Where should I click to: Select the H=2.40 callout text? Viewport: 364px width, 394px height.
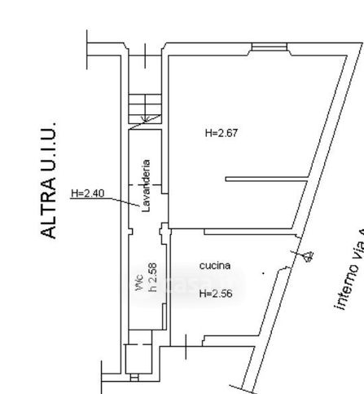pyautogui.click(x=87, y=193)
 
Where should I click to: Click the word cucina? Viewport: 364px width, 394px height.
pyautogui.click(x=215, y=265)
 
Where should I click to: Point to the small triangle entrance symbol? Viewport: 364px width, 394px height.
pyautogui.click(x=308, y=257)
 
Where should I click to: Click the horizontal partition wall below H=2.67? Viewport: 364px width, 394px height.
pyautogui.click(x=265, y=177)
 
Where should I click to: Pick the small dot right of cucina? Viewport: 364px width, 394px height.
pyautogui.click(x=262, y=272)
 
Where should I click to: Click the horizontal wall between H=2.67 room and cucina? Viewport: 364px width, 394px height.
pyautogui.click(x=236, y=230)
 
